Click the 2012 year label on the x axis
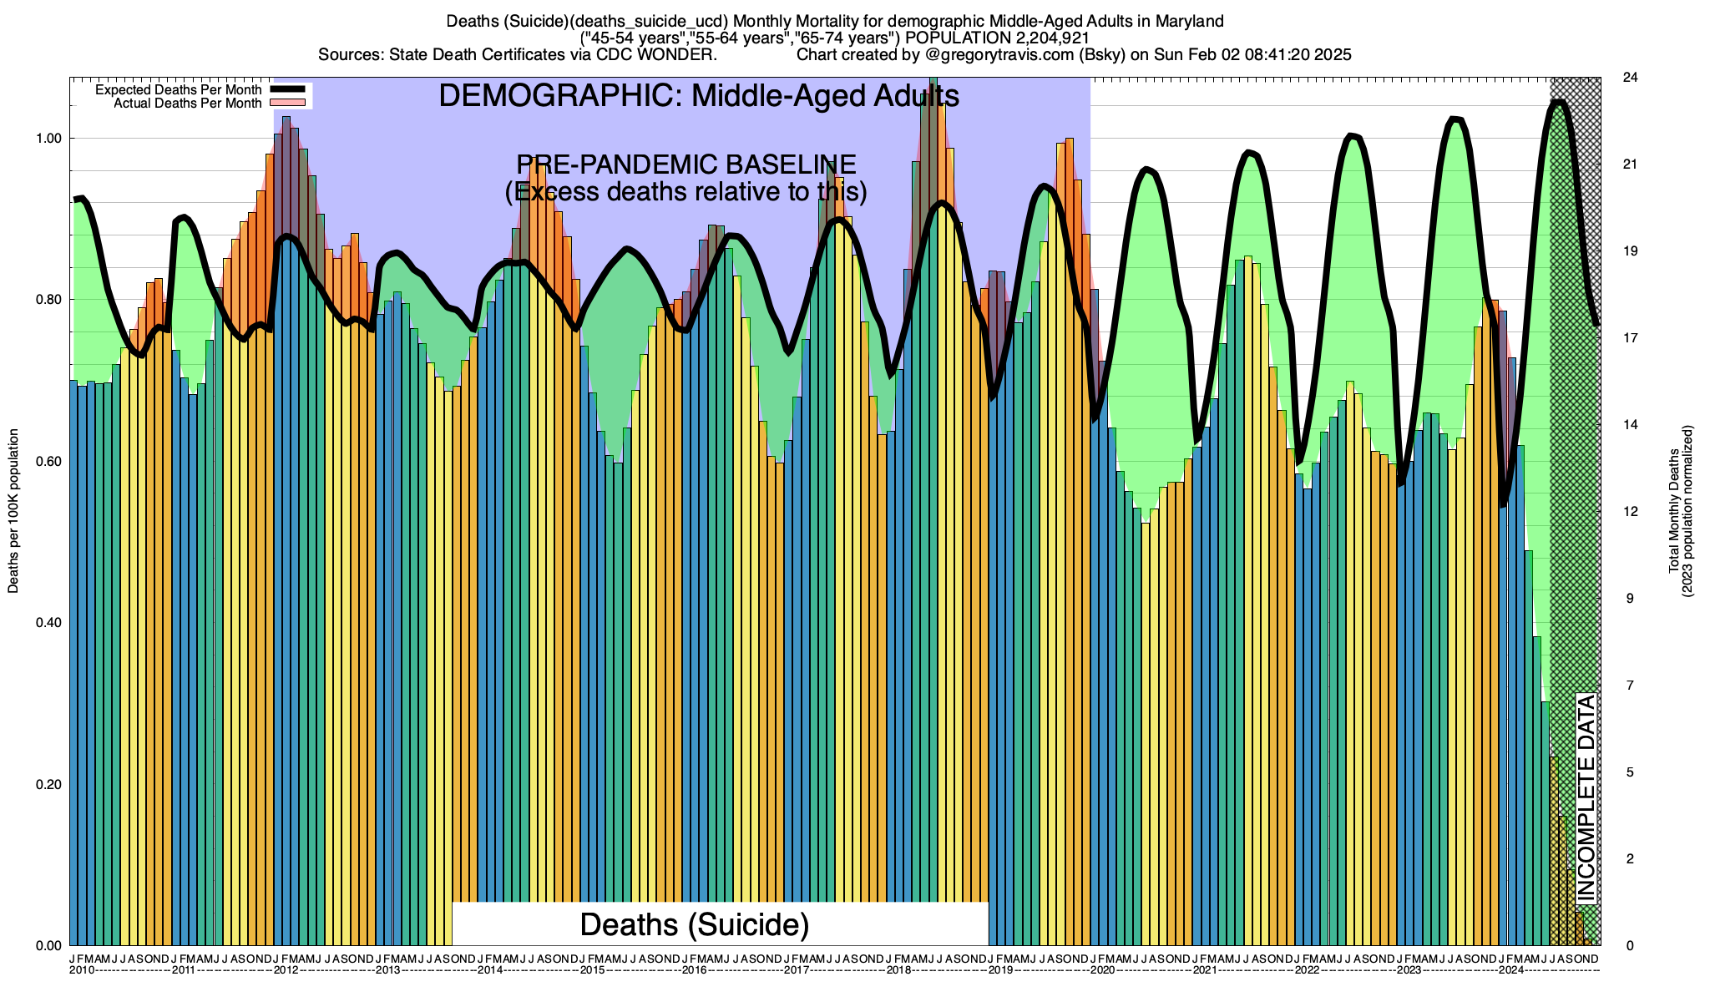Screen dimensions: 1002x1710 coord(286,970)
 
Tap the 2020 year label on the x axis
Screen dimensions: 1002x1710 coord(1102,970)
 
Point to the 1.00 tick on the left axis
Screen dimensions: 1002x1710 coord(49,139)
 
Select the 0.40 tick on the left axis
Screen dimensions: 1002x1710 coord(49,623)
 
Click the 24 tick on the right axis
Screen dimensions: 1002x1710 coord(1629,78)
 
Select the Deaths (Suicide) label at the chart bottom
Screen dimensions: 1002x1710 coord(695,924)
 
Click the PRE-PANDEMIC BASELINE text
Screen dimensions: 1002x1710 coord(686,164)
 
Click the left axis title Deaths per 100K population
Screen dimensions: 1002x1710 coord(13,511)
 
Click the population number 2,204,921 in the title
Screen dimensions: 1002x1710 coord(1040,38)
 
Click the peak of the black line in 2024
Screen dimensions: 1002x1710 coord(1558,102)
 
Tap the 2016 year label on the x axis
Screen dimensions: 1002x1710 coord(694,970)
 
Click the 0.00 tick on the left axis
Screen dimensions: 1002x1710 coord(49,946)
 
